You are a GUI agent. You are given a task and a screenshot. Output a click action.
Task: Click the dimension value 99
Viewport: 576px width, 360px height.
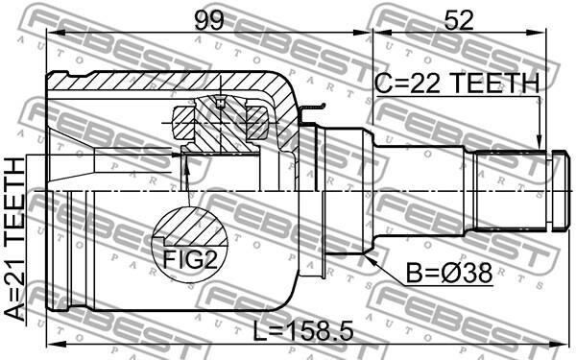[x=209, y=20]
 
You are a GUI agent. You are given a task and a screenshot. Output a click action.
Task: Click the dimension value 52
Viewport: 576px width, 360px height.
[x=459, y=20]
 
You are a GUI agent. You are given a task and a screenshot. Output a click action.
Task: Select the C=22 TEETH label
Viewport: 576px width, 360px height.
[x=457, y=83]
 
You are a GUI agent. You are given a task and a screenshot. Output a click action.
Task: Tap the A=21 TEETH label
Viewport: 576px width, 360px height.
[x=14, y=239]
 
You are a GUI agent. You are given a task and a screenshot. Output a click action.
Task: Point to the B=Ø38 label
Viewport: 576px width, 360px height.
[x=449, y=274]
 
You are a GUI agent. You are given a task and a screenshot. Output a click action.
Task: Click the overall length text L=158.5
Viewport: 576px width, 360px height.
[x=303, y=330]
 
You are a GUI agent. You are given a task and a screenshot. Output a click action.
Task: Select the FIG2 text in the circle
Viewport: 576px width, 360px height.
[x=190, y=259]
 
